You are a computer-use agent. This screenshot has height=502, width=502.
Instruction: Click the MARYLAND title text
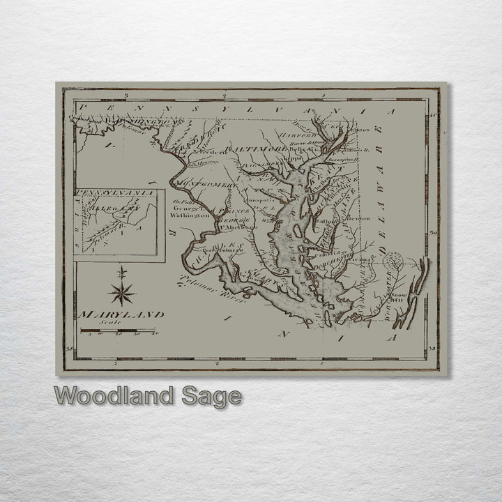(x=122, y=315)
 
